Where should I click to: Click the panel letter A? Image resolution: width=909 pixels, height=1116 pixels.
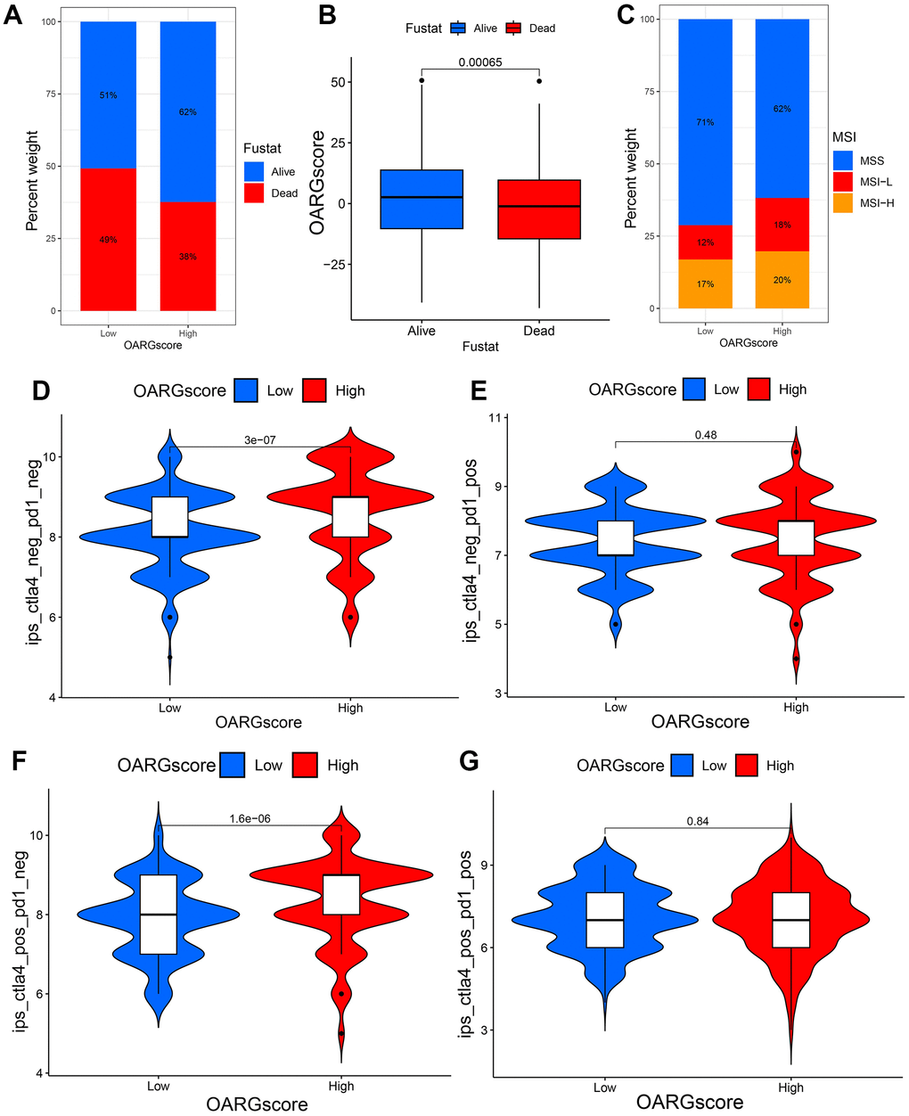pyautogui.click(x=13, y=18)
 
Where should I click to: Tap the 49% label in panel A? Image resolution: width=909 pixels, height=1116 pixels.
pyautogui.click(x=108, y=240)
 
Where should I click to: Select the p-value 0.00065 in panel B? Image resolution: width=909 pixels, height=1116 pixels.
pyautogui.click(x=480, y=62)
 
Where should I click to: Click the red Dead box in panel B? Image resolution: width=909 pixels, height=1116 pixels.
pyautogui.click(x=539, y=209)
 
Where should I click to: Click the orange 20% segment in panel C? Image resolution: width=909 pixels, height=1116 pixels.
pyautogui.click(x=782, y=280)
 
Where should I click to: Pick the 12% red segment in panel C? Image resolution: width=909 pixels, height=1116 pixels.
pyautogui.click(x=705, y=242)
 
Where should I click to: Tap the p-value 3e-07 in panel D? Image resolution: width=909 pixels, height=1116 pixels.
pyautogui.click(x=260, y=439)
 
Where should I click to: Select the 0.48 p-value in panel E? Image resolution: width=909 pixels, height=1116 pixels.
pyautogui.click(x=706, y=435)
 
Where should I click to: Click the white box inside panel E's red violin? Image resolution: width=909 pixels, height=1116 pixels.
pyautogui.click(x=796, y=537)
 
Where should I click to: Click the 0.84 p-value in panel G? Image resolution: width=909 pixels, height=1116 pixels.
pyautogui.click(x=698, y=821)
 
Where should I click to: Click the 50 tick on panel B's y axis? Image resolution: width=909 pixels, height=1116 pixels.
pyautogui.click(x=337, y=82)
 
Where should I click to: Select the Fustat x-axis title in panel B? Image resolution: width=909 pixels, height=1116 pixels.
pyautogui.click(x=480, y=346)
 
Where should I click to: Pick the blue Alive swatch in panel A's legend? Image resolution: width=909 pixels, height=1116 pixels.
pyautogui.click(x=254, y=171)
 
